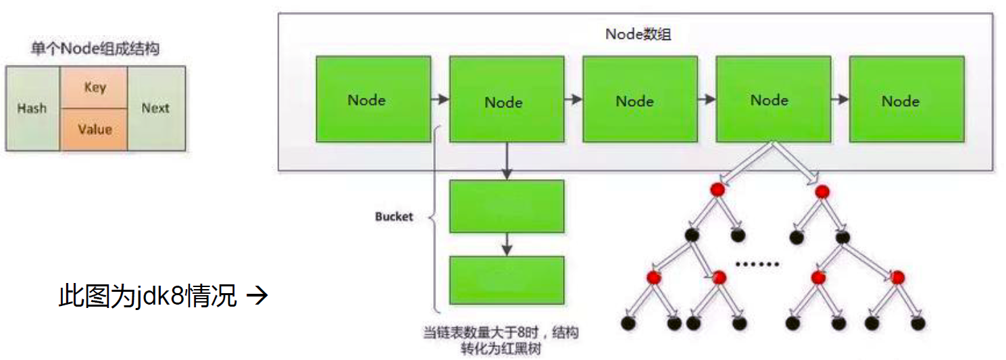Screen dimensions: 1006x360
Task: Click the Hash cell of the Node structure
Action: click(32, 108)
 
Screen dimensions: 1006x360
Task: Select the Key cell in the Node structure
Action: click(94, 87)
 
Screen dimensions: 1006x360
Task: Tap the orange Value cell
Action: click(94, 129)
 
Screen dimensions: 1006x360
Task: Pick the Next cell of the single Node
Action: click(156, 108)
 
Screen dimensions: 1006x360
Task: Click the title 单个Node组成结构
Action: click(95, 49)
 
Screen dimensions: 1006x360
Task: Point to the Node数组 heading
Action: click(638, 34)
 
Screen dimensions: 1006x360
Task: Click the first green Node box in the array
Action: click(373, 99)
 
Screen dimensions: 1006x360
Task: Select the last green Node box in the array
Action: click(907, 99)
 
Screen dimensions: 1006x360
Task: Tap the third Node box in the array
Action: click(640, 99)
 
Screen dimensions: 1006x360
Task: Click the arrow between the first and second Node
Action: click(440, 99)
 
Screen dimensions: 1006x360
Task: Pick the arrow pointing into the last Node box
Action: click(840, 99)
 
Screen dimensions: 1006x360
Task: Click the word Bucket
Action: click(394, 217)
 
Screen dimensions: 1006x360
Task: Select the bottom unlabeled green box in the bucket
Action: click(507, 280)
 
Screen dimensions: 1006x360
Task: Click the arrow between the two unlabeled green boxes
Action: click(507, 245)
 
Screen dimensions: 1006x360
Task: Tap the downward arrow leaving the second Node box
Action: click(507, 161)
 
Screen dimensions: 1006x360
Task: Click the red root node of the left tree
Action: click(718, 189)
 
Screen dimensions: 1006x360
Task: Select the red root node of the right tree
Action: click(822, 192)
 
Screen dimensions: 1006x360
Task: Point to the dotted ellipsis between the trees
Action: click(757, 264)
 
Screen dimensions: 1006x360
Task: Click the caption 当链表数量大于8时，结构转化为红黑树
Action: click(501, 340)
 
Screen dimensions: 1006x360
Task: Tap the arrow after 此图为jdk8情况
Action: click(257, 296)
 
